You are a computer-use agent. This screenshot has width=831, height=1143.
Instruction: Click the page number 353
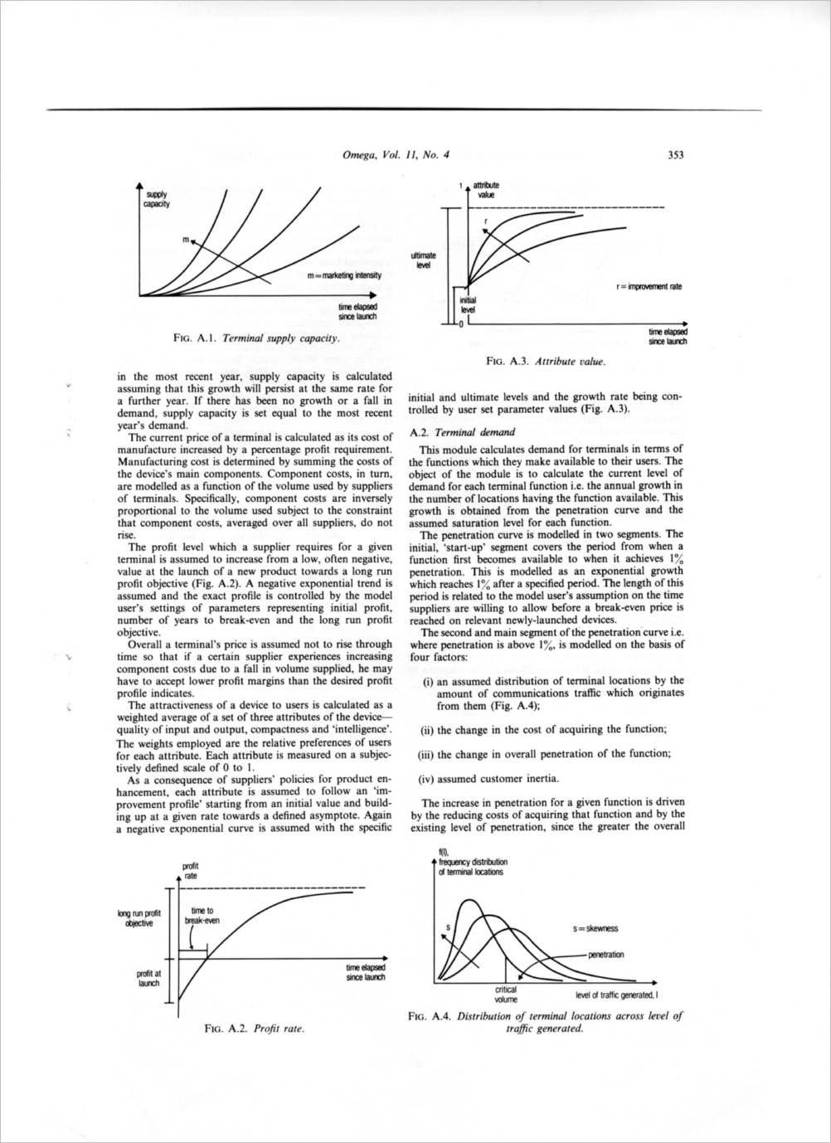pyautogui.click(x=674, y=154)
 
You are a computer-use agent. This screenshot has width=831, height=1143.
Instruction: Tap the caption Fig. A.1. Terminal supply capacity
pyautogui.click(x=256, y=338)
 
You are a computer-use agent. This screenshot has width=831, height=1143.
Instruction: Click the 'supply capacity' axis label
pyautogui.click(x=156, y=199)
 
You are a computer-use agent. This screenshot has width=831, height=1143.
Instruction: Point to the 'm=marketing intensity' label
pyautogui.click(x=343, y=275)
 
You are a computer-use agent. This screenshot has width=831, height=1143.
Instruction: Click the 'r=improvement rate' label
pyautogui.click(x=649, y=286)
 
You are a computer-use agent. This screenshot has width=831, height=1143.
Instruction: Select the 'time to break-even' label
pyautogui.click(x=202, y=915)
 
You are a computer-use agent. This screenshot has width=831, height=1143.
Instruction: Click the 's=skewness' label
pyautogui.click(x=595, y=928)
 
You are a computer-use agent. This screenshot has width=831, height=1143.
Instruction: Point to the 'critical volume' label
pyautogui.click(x=505, y=994)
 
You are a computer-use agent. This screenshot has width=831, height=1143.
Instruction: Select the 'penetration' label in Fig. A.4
pyautogui.click(x=605, y=955)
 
